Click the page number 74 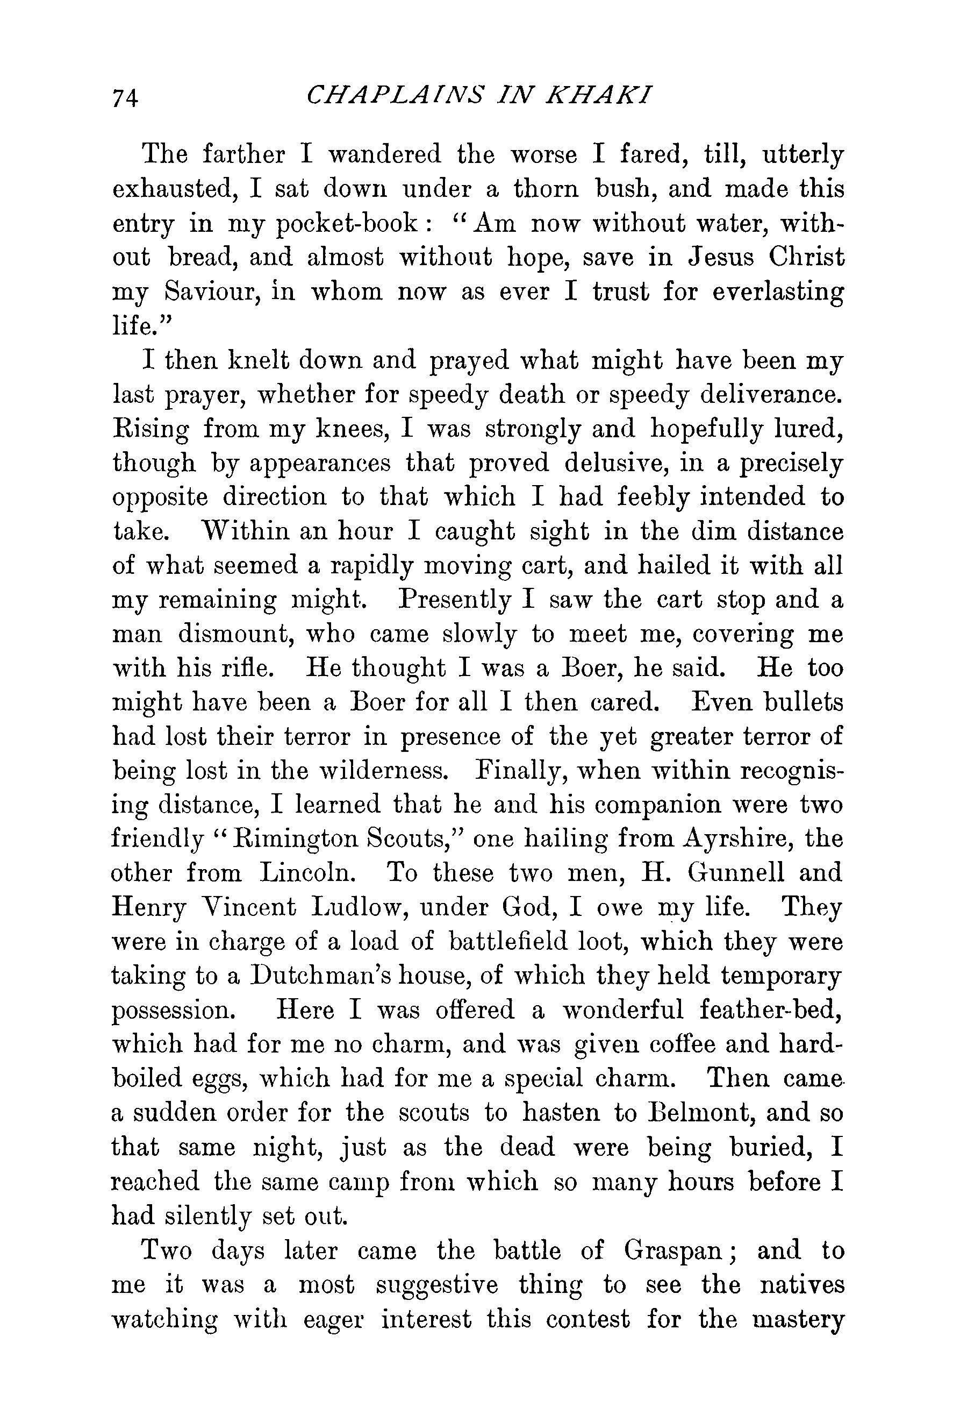(125, 97)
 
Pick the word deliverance (772, 395)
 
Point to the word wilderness (384, 771)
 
